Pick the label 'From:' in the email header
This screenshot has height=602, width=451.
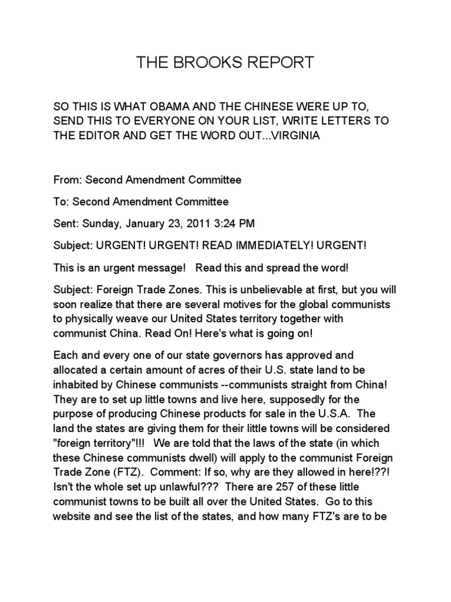[67, 179]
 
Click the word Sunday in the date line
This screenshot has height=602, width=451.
[101, 223]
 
